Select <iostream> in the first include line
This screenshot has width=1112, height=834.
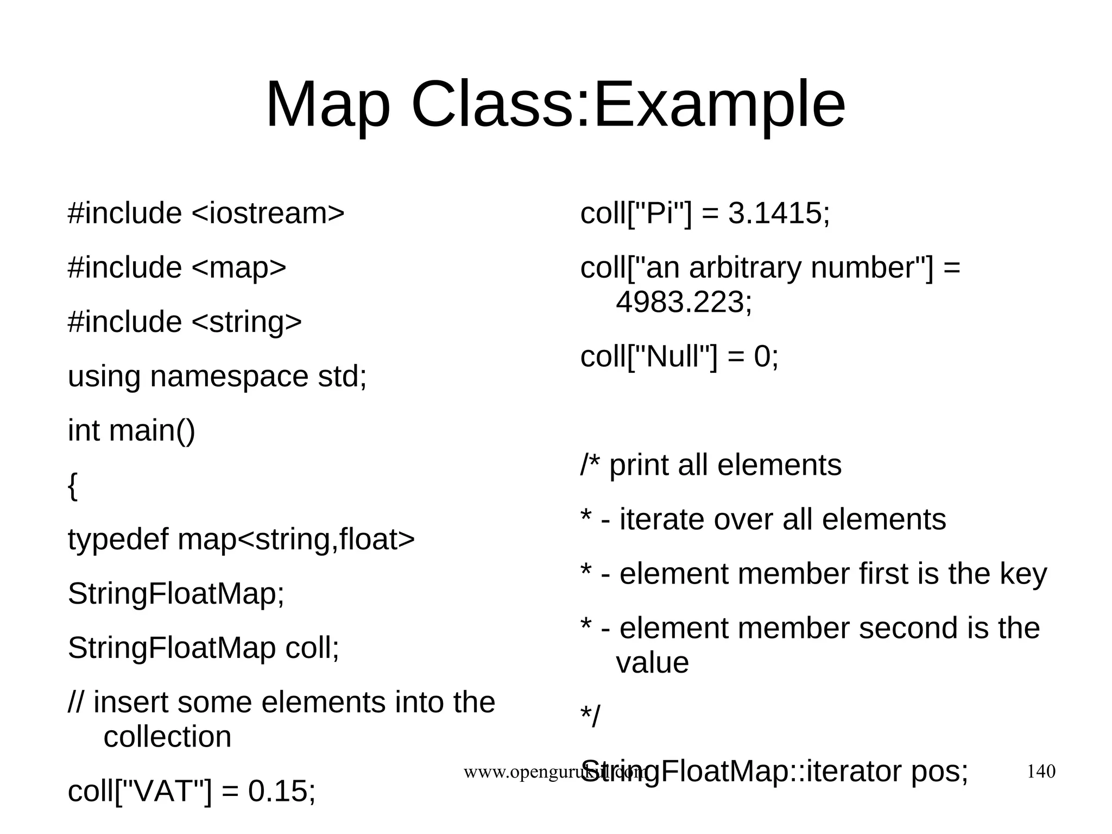pos(268,213)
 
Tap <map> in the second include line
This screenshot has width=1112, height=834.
pos(239,267)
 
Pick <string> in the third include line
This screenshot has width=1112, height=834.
pos(247,322)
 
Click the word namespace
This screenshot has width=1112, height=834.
pos(229,377)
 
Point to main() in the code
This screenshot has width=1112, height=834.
pos(152,430)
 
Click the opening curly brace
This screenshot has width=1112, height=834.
pos(73,485)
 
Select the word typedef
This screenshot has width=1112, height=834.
pos(118,540)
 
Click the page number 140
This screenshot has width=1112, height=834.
pos(1041,771)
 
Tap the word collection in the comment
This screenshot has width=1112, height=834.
pos(167,737)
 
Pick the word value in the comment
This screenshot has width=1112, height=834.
pos(652,663)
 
